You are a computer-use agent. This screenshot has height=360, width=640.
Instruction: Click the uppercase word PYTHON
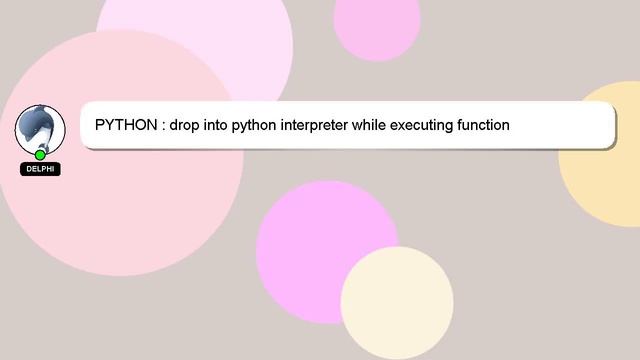pos(125,126)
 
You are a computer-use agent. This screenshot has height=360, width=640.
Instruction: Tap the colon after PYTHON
pos(162,126)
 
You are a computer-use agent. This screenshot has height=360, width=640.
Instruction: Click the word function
pos(485,126)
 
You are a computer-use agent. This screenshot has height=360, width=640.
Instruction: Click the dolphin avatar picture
pos(40,128)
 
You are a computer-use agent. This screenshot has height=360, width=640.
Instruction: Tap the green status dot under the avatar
pos(40,155)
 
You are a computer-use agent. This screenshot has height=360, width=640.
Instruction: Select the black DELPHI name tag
pos(40,169)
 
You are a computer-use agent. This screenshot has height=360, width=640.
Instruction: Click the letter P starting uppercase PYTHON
pos(100,126)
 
